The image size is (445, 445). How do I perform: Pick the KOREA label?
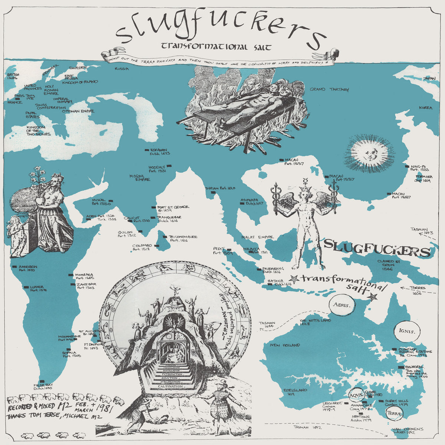coord(425,108)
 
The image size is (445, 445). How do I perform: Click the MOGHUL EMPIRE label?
coord(139,178)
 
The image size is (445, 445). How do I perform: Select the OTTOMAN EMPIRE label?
coord(78,111)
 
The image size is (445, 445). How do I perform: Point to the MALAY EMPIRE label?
coord(257,237)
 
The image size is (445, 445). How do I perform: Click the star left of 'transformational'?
coord(294,278)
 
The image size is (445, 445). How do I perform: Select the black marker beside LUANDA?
coord(26,287)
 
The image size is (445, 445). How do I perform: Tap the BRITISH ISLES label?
coord(13,76)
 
